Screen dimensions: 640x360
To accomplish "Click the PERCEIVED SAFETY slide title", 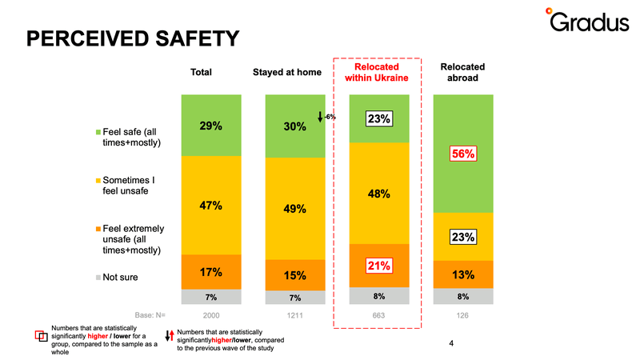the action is pos(133,38).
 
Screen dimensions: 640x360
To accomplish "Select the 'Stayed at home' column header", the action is pos(287,72).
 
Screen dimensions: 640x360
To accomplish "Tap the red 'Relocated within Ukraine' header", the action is pos(376,72).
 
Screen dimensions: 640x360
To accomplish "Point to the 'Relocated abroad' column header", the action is pos(462,72).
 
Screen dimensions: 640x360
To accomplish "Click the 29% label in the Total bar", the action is pos(211,126).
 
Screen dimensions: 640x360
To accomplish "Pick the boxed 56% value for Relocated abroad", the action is pos(463,154).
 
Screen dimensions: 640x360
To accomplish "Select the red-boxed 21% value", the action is pos(379,266).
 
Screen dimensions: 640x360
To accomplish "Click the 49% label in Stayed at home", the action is pos(295,209).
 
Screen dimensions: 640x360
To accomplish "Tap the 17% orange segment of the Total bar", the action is pos(211,272).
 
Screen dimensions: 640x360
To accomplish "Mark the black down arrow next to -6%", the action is pos(320,117).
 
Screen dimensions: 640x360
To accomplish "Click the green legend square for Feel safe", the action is pos(98,132).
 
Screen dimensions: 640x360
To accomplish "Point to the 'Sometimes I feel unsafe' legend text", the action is pos(129,186).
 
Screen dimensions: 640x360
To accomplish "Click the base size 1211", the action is pos(294,315).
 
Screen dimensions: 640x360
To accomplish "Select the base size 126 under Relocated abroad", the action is pos(462,315).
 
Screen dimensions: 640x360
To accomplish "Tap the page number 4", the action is pos(451,344).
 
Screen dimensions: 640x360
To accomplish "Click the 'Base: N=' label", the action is pos(150,315).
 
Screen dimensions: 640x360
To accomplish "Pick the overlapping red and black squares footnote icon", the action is pos(42,336).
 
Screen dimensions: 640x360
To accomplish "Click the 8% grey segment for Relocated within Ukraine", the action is pos(379,296).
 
